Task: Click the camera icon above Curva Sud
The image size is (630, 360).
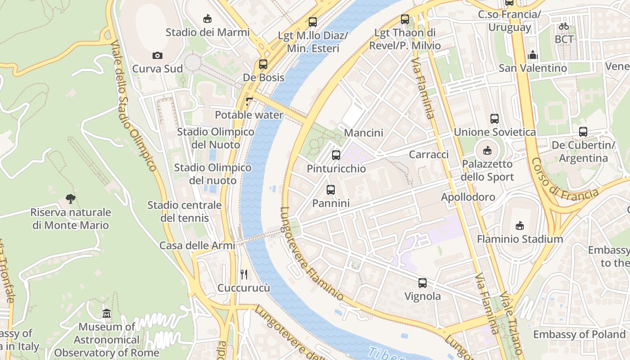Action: tap(157, 55)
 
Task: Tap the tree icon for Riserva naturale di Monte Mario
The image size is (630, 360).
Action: tap(70, 198)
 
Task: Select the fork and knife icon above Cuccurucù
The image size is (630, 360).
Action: tap(244, 274)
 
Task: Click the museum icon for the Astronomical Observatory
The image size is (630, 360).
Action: tap(107, 313)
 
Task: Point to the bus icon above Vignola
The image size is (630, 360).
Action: tap(422, 283)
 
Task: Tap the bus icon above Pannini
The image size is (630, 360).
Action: tap(331, 189)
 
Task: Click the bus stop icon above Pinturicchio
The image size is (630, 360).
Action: tap(336, 155)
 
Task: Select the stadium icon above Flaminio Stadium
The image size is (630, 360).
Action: tap(520, 225)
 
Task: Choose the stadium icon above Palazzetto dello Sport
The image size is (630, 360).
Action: tap(487, 150)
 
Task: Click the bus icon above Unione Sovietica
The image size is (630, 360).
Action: tap(495, 119)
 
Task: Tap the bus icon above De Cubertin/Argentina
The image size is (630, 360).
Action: tap(583, 132)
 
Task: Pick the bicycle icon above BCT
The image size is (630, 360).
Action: tap(563, 26)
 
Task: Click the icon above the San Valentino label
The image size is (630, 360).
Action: tap(533, 55)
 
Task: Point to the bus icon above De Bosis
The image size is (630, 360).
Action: tap(263, 64)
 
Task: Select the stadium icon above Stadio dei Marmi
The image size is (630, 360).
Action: tap(207, 19)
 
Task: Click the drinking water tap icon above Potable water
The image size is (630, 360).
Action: tap(249, 102)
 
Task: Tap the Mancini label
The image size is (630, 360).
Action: tap(364, 133)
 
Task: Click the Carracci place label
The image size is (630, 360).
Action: tap(429, 154)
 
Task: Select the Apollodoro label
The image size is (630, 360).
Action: tap(468, 197)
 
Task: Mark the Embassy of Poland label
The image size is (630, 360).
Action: tap(579, 334)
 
